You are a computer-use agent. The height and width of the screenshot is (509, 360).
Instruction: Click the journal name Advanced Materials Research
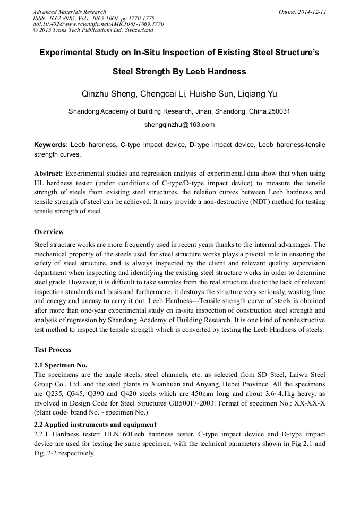coord(69,12)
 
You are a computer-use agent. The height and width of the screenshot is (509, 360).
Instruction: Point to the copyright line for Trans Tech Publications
coord(93,30)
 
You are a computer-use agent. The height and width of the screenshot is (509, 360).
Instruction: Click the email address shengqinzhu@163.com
coord(179,125)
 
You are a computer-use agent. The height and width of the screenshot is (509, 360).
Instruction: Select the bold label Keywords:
coord(50,145)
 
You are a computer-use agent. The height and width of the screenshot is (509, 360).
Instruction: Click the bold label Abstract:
coord(48,174)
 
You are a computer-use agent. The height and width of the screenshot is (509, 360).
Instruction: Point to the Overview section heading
coord(49,232)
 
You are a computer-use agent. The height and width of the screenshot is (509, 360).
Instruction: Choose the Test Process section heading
coord(53,350)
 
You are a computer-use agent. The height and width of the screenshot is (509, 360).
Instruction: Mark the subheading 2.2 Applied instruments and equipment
coord(95,425)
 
